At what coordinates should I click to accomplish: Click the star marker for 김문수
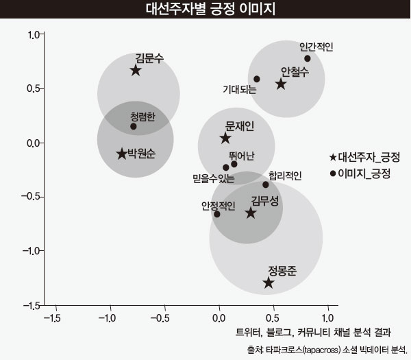pyautogui.click(x=136, y=70)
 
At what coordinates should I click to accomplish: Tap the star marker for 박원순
pyautogui.click(x=122, y=154)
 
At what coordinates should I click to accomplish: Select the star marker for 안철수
pyautogui.click(x=281, y=84)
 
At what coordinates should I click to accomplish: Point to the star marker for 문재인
pyautogui.click(x=225, y=139)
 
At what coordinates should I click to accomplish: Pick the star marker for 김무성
pyautogui.click(x=251, y=213)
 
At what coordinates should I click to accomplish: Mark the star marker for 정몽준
pyautogui.click(x=269, y=283)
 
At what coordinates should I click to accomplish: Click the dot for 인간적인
pyautogui.click(x=308, y=58)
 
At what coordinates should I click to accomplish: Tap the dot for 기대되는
pyautogui.click(x=257, y=79)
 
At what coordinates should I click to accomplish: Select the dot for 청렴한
pyautogui.click(x=134, y=126)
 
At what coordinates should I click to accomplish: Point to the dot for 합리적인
pyautogui.click(x=266, y=184)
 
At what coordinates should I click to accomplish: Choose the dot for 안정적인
pyautogui.click(x=217, y=214)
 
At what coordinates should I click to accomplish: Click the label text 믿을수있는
pyautogui.click(x=214, y=180)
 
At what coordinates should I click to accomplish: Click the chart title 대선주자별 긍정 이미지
pyautogui.click(x=206, y=10)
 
